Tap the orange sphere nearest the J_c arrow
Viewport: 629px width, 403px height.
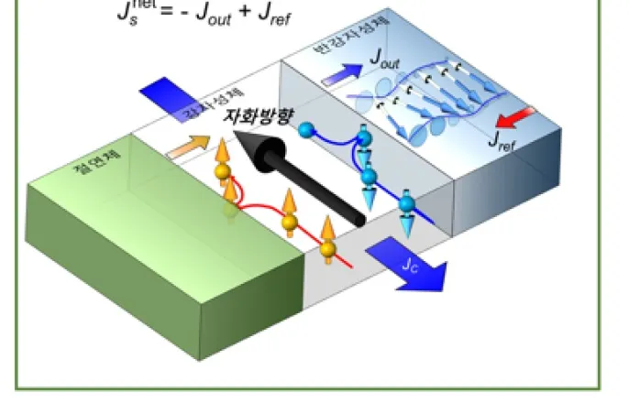328,248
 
